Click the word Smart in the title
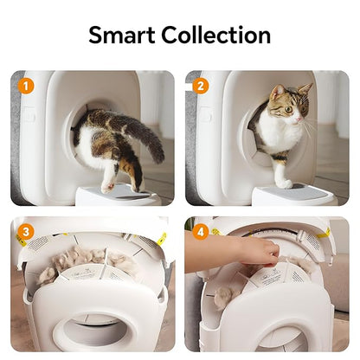129,35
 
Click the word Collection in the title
215,35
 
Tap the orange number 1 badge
26,86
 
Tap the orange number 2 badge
201,86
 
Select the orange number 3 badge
26,232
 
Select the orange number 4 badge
201,232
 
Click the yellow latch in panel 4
325,234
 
